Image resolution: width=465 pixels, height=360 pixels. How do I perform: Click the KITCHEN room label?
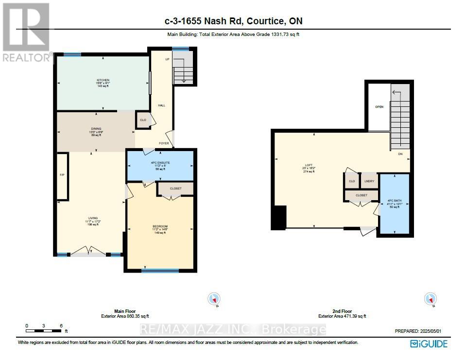tap(103, 80)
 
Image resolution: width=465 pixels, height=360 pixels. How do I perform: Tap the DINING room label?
tap(95, 129)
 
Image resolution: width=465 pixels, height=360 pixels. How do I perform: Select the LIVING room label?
tap(93, 218)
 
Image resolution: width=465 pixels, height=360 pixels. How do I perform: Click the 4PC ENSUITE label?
tap(160, 162)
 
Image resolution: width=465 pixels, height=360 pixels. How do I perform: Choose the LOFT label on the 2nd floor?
tap(308, 165)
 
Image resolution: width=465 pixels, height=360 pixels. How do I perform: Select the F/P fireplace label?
tap(62, 175)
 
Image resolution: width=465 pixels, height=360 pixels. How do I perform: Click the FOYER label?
tap(164, 143)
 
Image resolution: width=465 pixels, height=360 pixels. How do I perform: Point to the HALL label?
tap(161, 105)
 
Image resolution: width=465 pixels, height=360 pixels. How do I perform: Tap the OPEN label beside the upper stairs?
tap(379, 106)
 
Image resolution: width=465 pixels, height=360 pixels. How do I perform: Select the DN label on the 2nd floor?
tap(400, 154)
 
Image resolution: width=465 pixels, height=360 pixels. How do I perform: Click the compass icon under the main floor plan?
tap(213, 299)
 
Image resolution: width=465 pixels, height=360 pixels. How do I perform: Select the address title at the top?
tap(233, 21)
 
